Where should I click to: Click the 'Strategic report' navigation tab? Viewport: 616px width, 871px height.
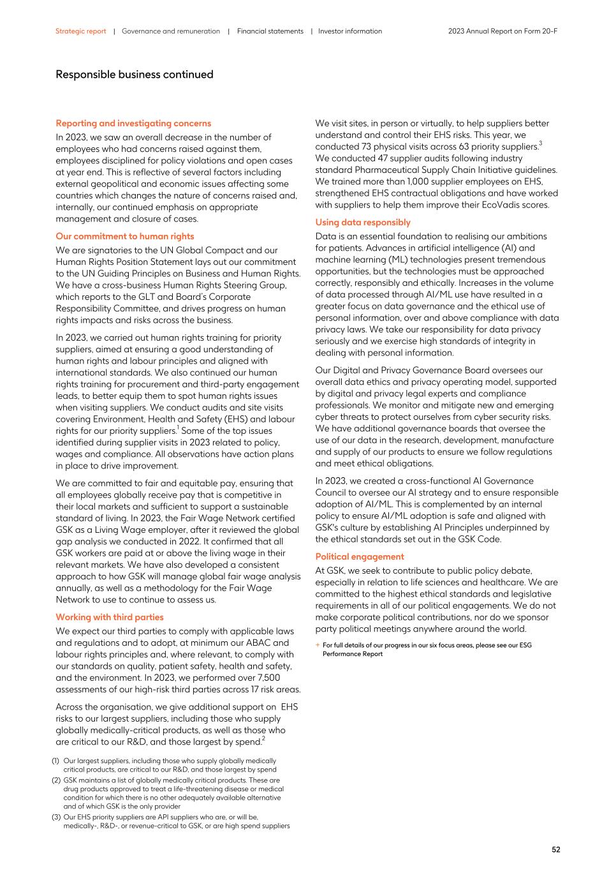pyautogui.click(x=80, y=31)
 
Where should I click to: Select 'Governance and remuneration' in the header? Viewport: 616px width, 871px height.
pyautogui.click(x=170, y=31)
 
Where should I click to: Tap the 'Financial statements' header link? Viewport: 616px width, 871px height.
pyautogui.click(x=270, y=31)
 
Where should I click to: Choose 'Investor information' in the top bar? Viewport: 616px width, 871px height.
pyautogui.click(x=350, y=31)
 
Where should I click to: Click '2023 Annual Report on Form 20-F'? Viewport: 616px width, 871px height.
pyautogui.click(x=502, y=31)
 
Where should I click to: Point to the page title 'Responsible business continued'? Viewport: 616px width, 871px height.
pyautogui.click(x=134, y=75)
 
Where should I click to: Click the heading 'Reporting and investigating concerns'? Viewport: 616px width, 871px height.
pyautogui.click(x=133, y=123)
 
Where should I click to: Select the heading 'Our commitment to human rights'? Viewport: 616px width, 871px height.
pyautogui.click(x=124, y=236)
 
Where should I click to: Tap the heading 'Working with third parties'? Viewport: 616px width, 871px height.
pyautogui.click(x=109, y=617)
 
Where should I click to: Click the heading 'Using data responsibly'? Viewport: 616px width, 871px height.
pyautogui.click(x=363, y=222)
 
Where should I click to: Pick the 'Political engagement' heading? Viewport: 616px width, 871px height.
pyautogui.click(x=360, y=556)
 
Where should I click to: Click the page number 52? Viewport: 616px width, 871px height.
pyautogui.click(x=555, y=849)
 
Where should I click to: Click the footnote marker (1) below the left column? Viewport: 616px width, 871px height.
pyautogui.click(x=55, y=761)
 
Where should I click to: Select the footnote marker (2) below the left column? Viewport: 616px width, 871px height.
pyautogui.click(x=55, y=780)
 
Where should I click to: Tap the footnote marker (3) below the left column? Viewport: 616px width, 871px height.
pyautogui.click(x=55, y=817)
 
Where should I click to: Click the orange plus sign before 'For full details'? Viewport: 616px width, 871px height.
pyautogui.click(x=318, y=645)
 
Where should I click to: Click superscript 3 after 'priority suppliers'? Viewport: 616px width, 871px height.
pyautogui.click(x=540, y=144)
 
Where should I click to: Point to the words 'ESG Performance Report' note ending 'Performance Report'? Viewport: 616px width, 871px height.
pyautogui.click(x=352, y=654)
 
